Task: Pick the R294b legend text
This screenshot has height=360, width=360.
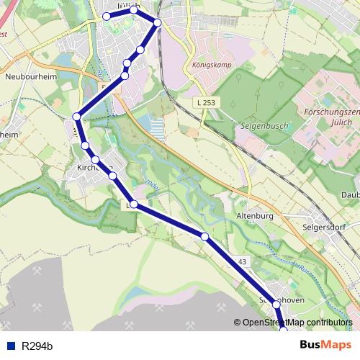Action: click(37, 346)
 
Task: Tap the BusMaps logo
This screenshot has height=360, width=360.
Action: click(325, 346)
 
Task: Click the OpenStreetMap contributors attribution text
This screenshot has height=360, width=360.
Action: click(297, 323)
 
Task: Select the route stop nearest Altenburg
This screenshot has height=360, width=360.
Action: click(204, 236)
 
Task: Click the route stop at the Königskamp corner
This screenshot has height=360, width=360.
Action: click(158, 23)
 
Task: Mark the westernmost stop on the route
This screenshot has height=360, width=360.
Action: click(76, 116)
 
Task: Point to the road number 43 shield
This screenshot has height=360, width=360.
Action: click(241, 261)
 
